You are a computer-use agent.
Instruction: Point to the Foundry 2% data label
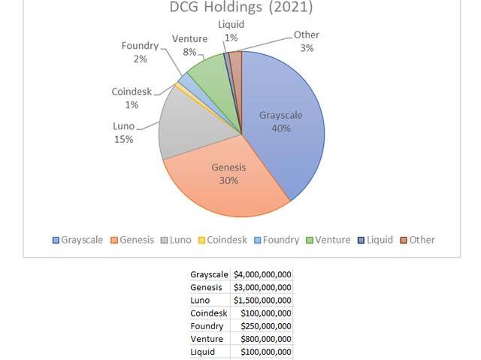(x=140, y=53)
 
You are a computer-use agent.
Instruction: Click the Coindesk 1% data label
(x=132, y=98)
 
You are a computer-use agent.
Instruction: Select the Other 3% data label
(x=306, y=41)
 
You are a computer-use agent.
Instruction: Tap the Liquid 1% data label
(x=231, y=31)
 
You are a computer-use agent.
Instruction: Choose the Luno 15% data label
(x=123, y=133)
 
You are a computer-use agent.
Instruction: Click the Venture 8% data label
(x=189, y=45)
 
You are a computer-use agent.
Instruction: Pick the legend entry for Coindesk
(x=222, y=240)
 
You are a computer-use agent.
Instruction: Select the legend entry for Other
(x=417, y=240)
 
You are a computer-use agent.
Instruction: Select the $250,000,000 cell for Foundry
(x=265, y=326)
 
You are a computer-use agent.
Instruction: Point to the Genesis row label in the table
(x=207, y=287)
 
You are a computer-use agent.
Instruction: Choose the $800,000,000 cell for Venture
(x=265, y=339)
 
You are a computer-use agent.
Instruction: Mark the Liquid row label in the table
(x=203, y=352)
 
